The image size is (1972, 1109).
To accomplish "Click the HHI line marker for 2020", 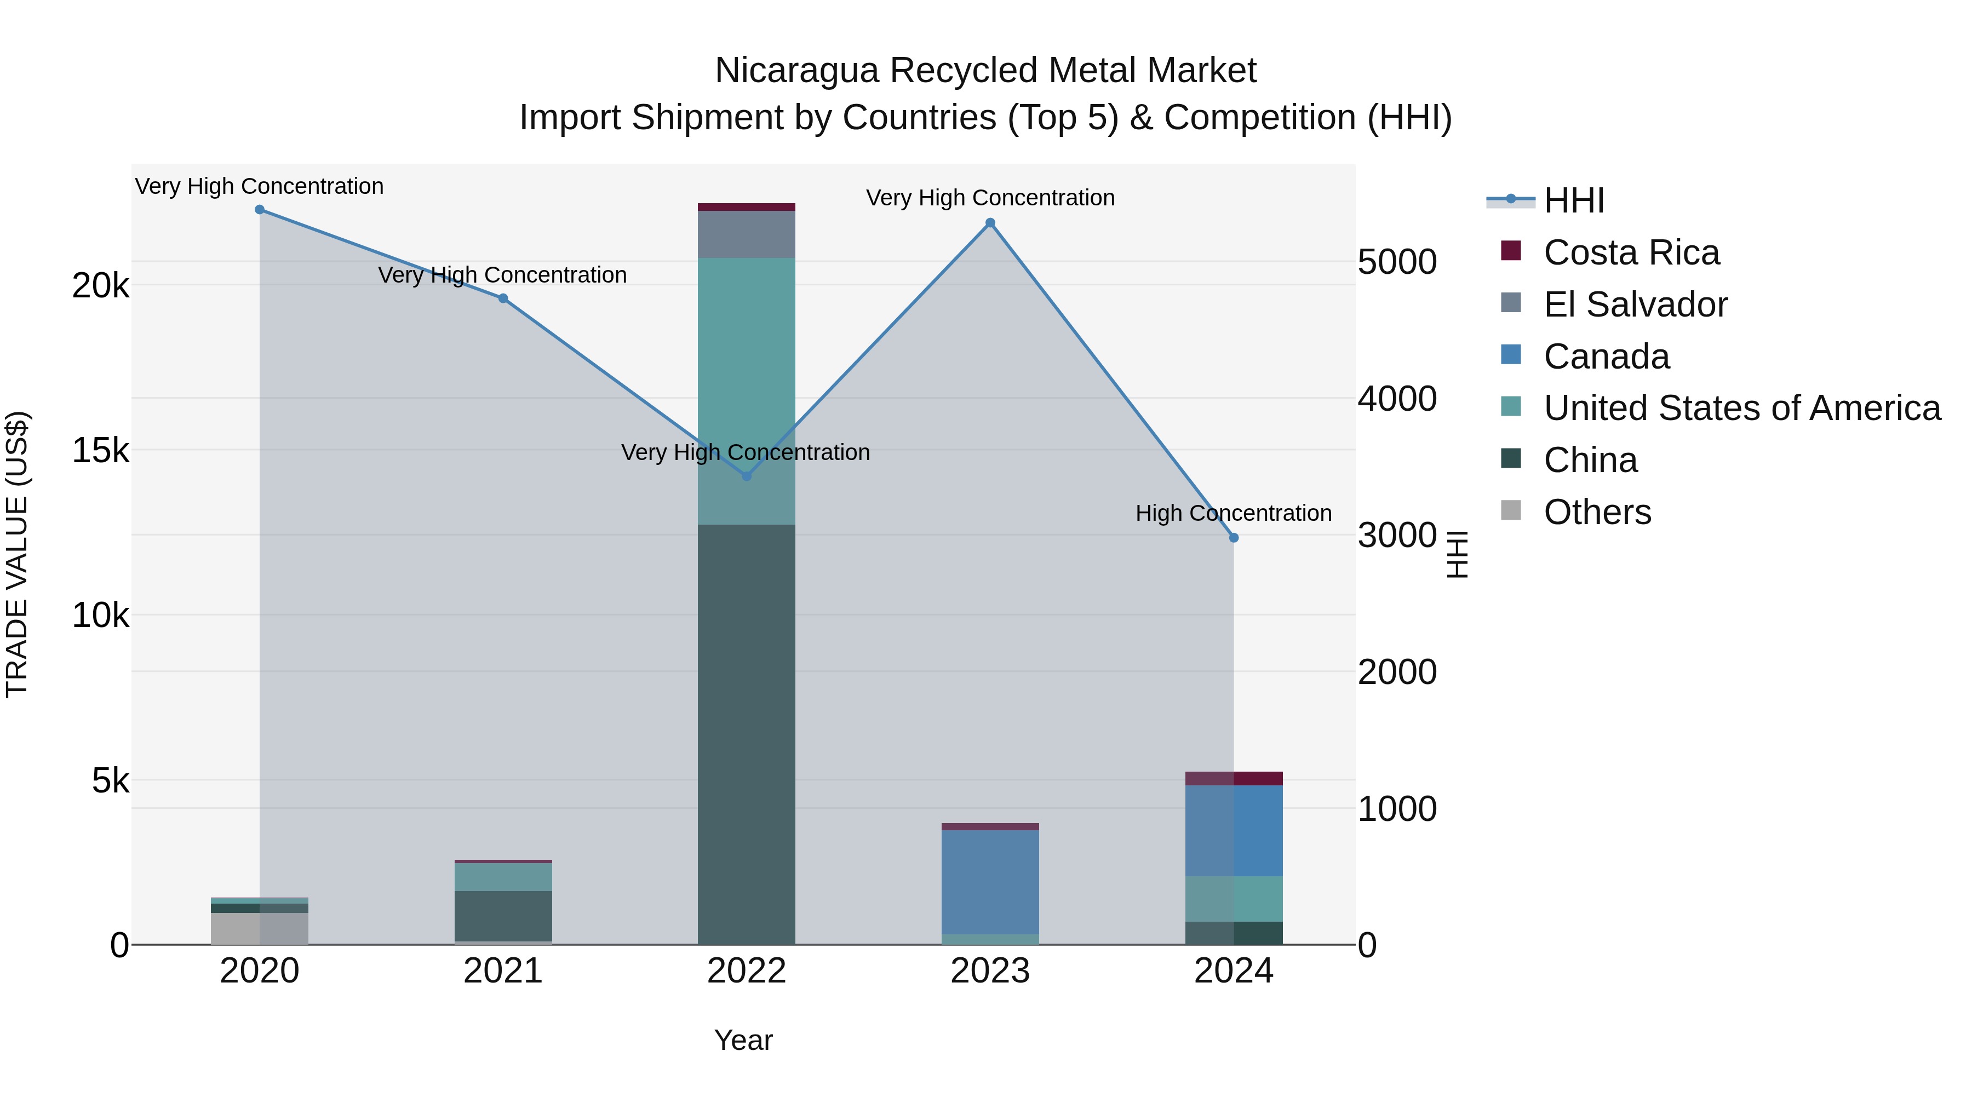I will tap(260, 210).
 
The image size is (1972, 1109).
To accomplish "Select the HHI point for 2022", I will tap(747, 476).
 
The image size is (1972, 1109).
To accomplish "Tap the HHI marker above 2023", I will tap(990, 223).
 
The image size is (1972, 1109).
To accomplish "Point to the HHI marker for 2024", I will tap(1233, 538).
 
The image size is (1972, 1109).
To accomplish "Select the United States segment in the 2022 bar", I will tap(747, 390).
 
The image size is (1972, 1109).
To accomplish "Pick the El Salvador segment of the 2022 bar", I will tap(747, 234).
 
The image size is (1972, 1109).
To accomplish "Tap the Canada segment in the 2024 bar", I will tap(1233, 830).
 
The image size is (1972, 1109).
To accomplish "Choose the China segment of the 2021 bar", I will tap(503, 915).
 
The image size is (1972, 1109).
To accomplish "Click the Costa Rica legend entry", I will tap(1631, 252).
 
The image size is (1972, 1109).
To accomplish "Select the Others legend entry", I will tap(1597, 512).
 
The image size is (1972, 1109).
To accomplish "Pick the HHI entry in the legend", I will tap(1573, 200).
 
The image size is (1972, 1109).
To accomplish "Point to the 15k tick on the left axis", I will tap(100, 450).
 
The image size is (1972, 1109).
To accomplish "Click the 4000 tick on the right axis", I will tap(1397, 399).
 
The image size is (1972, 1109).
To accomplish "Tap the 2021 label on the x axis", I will tap(503, 971).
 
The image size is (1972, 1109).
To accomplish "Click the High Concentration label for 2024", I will tap(1233, 513).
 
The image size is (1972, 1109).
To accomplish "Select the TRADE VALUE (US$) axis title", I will tap(17, 554).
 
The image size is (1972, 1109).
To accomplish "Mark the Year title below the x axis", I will tap(743, 1040).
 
